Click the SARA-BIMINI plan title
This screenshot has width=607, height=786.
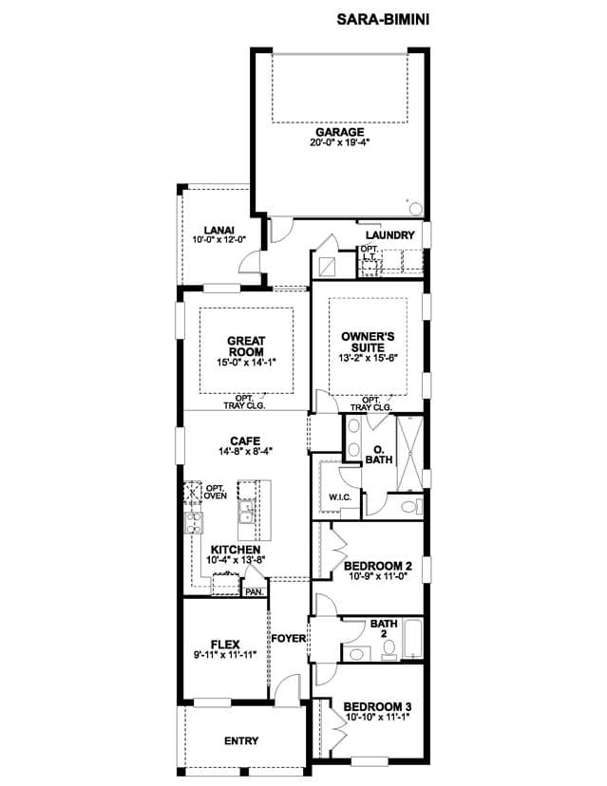pos(383,20)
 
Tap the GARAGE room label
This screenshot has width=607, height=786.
pos(340,132)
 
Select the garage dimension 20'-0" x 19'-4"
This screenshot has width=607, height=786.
pos(340,142)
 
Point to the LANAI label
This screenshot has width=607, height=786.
pos(219,231)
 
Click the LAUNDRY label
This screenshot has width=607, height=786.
pos(390,235)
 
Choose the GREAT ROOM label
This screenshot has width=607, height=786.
pos(246,346)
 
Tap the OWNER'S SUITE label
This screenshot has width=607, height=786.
pos(368,342)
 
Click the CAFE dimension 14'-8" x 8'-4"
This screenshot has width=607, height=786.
pos(245,451)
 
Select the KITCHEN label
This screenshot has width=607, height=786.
pos(236,550)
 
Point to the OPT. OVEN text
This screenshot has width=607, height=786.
pos(216,492)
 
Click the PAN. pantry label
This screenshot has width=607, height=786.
pos(255,592)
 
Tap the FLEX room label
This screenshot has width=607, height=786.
pos(225,645)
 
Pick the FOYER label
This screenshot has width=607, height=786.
pos(289,639)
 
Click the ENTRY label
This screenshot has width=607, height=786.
pos(241,740)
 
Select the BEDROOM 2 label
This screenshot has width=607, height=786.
pos(378,567)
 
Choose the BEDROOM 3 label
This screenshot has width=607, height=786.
pos(378,707)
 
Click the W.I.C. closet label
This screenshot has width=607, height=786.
pos(340,497)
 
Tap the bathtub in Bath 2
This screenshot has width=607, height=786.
pos(413,639)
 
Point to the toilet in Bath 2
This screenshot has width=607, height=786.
pos(389,650)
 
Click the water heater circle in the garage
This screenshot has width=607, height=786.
pos(416,209)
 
